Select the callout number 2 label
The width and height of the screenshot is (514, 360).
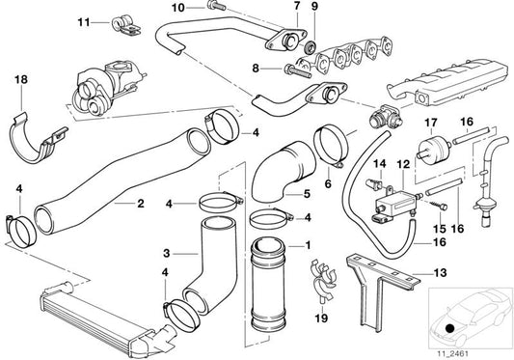(x=141, y=205)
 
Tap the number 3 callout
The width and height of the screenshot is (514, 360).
(x=166, y=253)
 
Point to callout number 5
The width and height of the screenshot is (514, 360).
(x=308, y=193)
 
